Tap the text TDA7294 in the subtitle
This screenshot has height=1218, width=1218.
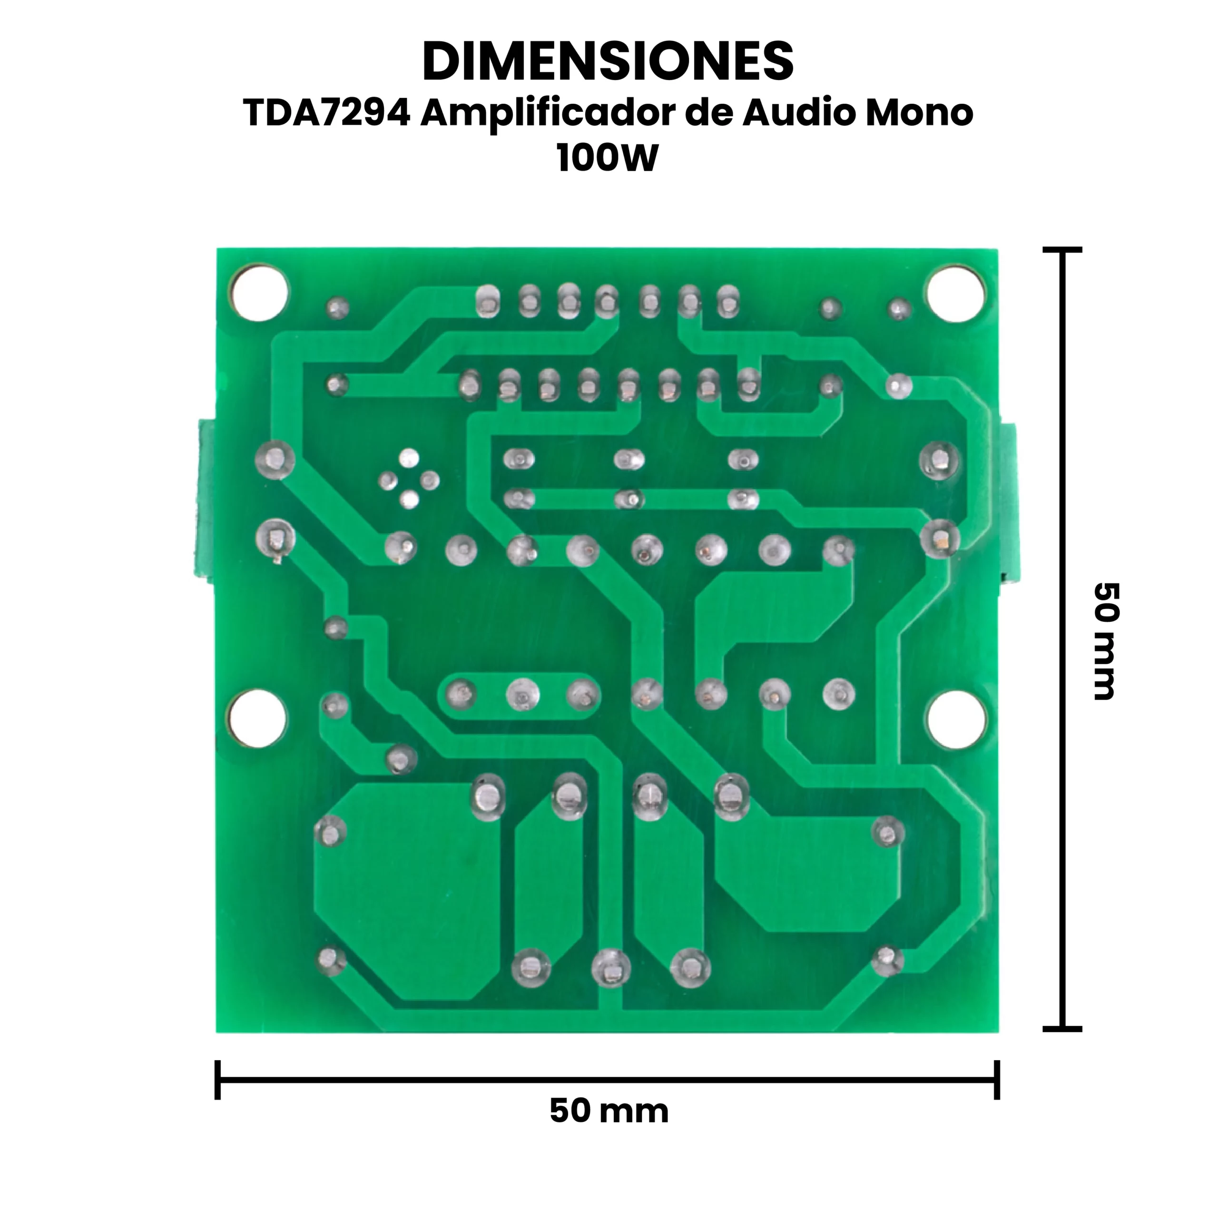[326, 114]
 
